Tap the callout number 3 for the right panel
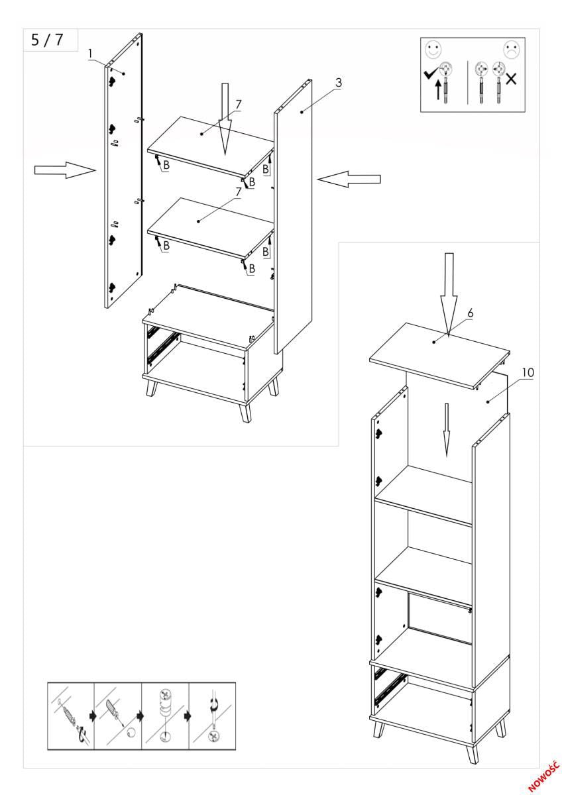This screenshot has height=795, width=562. [x=338, y=83]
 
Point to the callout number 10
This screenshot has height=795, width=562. [x=527, y=372]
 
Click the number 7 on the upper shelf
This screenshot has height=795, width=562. [x=239, y=104]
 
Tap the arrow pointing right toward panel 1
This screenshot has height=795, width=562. [x=65, y=171]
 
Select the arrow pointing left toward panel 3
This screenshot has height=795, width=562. [x=349, y=178]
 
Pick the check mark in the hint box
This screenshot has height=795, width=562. [x=430, y=75]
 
